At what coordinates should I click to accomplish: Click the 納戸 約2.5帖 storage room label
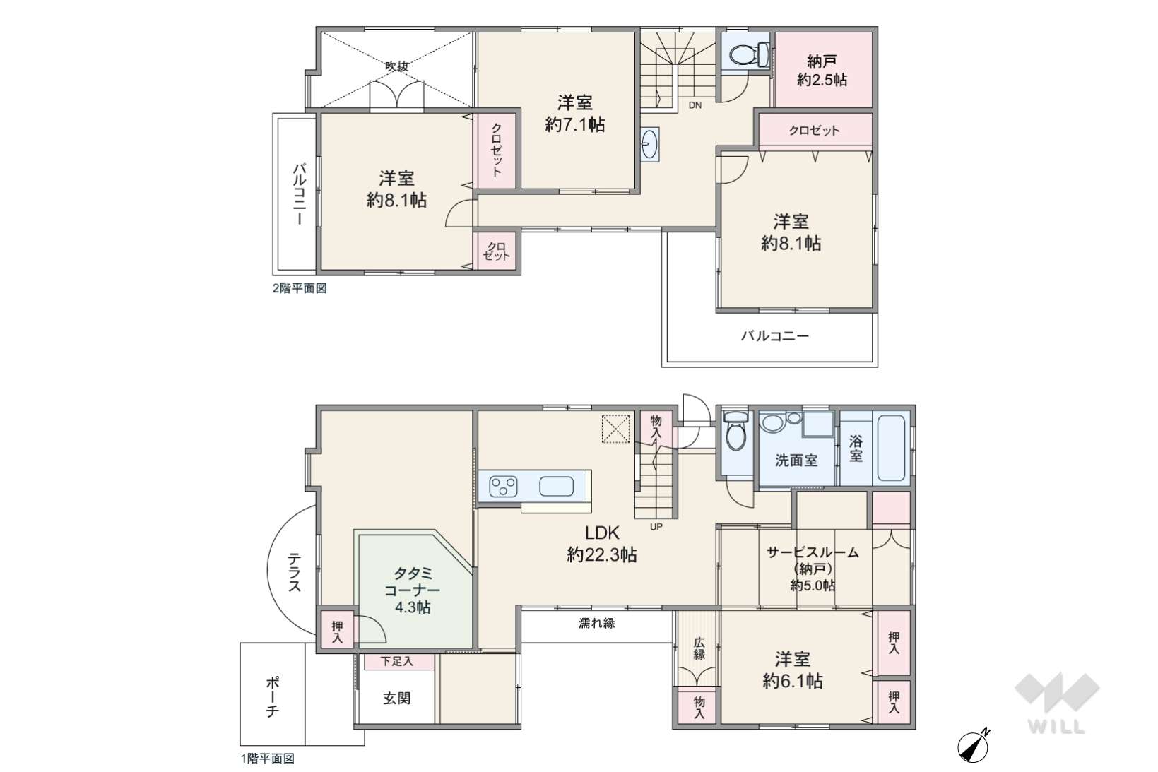822,71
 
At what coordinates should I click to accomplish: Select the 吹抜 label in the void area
397,66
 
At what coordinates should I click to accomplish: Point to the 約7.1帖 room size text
575,124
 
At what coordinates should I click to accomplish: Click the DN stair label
695,105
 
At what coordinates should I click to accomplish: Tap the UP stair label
656,527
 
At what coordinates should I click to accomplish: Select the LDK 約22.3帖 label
602,543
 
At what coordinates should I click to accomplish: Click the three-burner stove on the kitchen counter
504,486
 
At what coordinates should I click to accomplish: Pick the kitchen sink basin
556,486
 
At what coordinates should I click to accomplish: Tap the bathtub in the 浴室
891,448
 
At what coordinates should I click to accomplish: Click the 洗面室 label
796,461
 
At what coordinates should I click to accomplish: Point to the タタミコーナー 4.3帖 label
412,590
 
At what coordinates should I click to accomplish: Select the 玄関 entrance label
397,699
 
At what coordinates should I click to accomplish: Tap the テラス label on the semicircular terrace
294,572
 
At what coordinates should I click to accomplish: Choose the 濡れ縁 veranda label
596,623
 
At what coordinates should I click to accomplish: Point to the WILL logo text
1056,727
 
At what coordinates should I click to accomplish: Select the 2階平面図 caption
300,288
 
